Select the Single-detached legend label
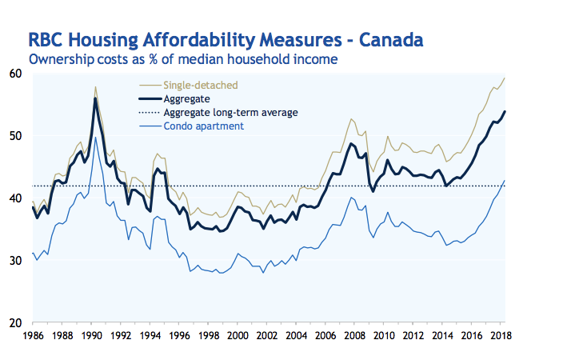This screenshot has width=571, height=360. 200,84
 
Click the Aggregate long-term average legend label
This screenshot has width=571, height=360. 230,112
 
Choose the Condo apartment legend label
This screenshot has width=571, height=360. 203,126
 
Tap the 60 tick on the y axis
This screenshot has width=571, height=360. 15,74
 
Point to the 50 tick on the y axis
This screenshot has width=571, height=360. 15,136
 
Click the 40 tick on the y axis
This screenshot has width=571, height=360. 15,198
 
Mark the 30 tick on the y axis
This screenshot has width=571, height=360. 15,261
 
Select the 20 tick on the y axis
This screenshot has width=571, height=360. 15,323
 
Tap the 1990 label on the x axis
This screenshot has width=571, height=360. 92,335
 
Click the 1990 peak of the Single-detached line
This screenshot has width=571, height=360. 95,86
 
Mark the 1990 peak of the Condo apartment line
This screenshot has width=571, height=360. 96,137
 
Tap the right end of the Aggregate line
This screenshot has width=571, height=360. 505,111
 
